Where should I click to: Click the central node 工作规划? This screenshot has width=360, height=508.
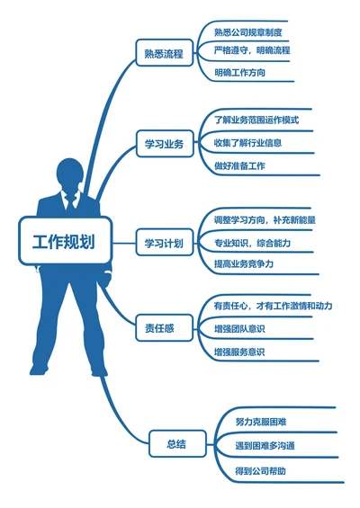coord(65,242)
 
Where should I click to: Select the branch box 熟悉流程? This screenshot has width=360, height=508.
coord(163,54)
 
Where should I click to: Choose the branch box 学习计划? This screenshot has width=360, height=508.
coord(164,243)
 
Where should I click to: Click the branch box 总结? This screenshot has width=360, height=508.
coord(176,443)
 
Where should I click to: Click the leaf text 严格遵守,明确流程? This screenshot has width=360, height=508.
coord(252,50)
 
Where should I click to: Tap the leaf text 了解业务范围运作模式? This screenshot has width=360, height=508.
coord(256,120)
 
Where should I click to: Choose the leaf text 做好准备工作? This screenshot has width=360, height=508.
coord(239,165)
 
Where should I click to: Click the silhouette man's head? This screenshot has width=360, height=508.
coord(71,174)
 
